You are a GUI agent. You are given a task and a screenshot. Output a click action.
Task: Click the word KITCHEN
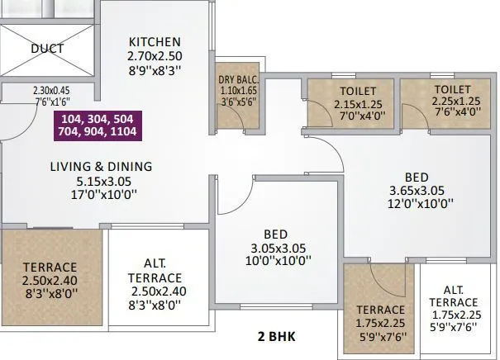point(155,42)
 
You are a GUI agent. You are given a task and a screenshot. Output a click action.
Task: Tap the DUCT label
point(47,49)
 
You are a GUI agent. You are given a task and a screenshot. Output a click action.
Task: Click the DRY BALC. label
point(238,80)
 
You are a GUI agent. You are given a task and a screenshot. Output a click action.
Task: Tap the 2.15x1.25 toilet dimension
point(358,105)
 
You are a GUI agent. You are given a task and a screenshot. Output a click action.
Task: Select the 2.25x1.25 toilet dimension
point(451,103)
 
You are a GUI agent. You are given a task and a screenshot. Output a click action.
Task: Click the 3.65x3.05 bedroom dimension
point(417,191)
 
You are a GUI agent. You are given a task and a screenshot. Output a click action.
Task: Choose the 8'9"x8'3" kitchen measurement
point(155,71)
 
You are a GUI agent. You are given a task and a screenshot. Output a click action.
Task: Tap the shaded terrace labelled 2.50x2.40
point(50,280)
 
